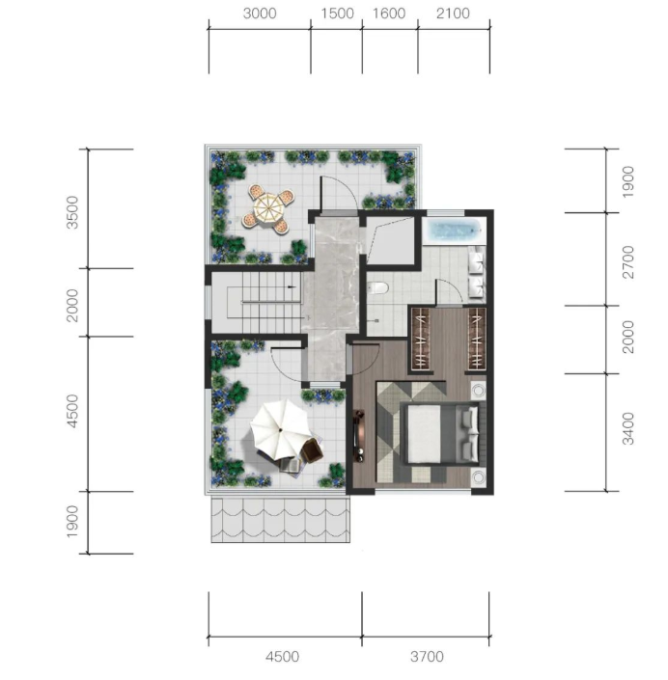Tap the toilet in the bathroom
(377, 287)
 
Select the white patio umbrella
(280, 429)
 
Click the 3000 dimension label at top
(260, 14)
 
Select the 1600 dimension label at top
(389, 14)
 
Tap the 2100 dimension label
(453, 14)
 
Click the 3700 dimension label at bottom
(427, 657)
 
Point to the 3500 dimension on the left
(72, 212)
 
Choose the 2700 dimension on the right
(628, 261)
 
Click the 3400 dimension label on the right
(628, 428)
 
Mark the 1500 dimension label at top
(337, 14)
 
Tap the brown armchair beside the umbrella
(312, 450)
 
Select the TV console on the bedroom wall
(359, 435)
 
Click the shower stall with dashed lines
(390, 240)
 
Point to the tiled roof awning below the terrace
(281, 520)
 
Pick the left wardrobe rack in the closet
(421, 339)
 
